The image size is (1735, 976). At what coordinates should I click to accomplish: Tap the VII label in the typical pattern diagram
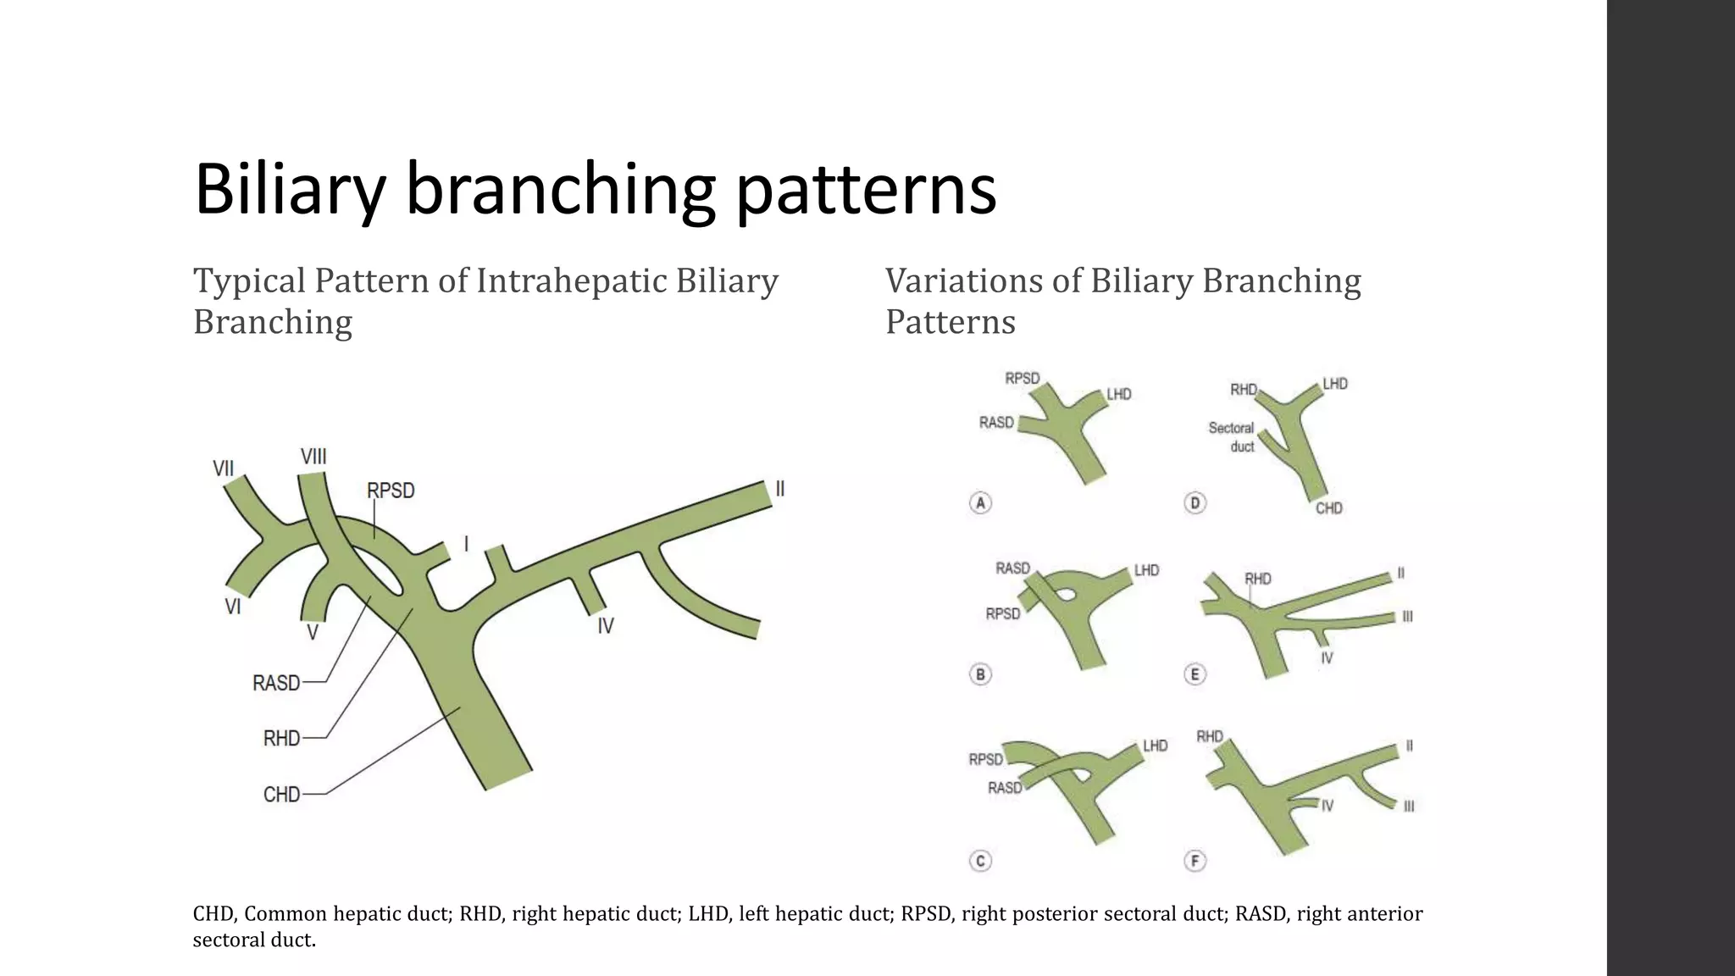click(223, 469)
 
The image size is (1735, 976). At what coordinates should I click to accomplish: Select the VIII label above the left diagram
click(313, 457)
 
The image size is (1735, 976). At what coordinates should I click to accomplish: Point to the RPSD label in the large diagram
click(391, 491)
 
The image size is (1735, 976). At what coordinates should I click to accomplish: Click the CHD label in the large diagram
click(281, 795)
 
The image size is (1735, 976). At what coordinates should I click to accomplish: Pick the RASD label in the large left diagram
click(276, 683)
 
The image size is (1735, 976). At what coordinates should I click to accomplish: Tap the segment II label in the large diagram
click(780, 489)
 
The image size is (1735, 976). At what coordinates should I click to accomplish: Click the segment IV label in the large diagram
click(605, 626)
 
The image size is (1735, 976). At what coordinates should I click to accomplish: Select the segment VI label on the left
click(233, 607)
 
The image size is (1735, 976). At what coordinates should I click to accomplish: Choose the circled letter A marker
click(980, 503)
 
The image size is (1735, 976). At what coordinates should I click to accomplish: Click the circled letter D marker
click(1195, 503)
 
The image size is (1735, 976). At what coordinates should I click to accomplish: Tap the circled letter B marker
click(980, 675)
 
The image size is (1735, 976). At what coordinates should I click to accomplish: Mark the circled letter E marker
click(1195, 675)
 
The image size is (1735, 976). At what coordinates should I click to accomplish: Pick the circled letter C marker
click(980, 862)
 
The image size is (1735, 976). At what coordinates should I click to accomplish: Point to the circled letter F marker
click(1195, 862)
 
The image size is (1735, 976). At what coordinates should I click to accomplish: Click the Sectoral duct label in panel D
click(1231, 437)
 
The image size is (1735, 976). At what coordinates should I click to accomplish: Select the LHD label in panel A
click(1119, 394)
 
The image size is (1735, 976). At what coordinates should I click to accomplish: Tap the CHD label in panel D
click(1328, 508)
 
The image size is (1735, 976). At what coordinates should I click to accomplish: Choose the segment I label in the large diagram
click(466, 544)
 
